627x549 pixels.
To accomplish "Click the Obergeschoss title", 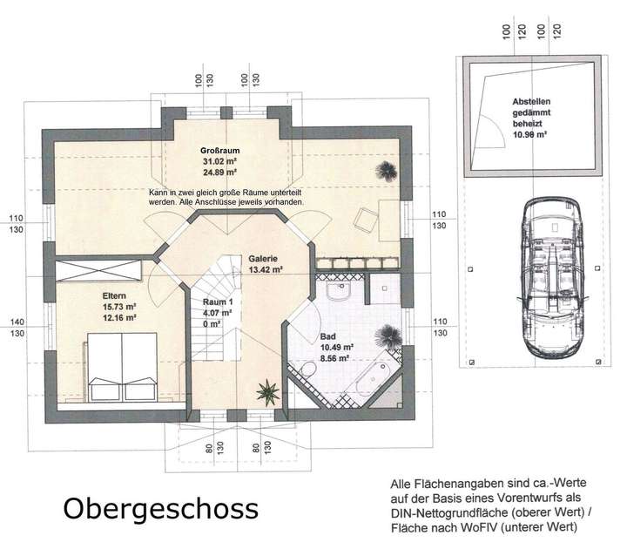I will (158, 508).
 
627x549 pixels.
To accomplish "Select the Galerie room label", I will (263, 259).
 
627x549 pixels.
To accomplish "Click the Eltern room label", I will (113, 295).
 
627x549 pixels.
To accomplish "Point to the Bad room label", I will (327, 335).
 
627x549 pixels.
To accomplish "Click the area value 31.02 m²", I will (219, 161).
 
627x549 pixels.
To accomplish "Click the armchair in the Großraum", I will (366, 221).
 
